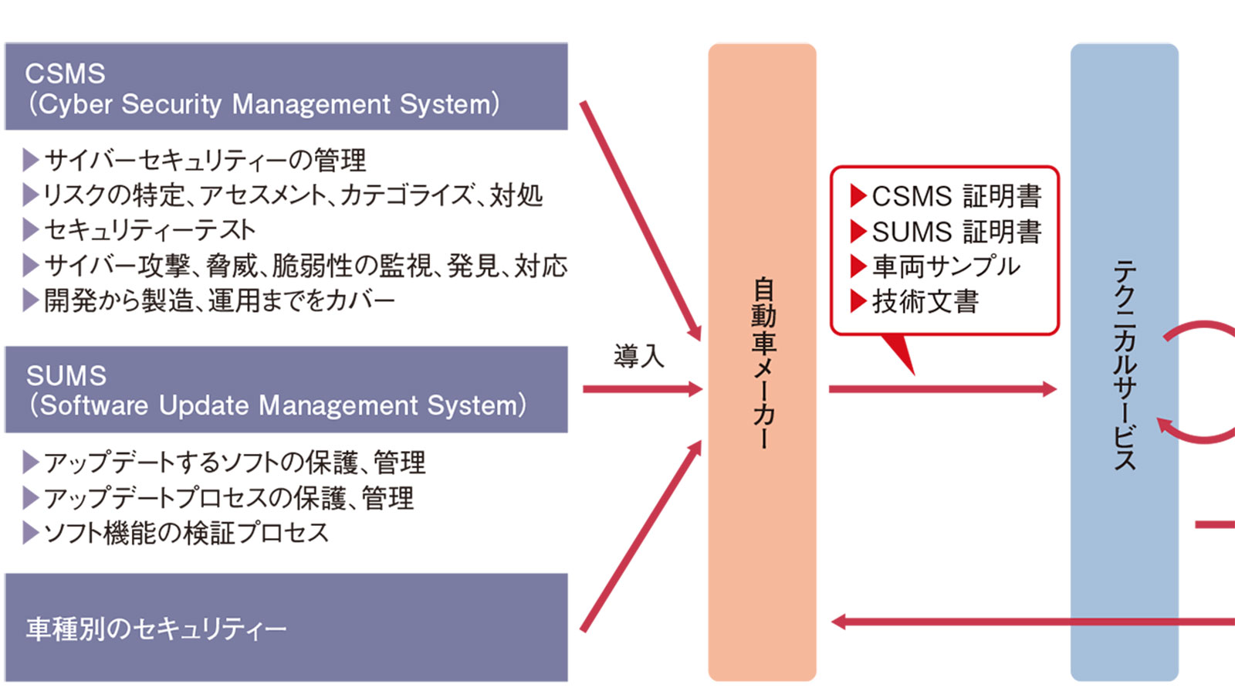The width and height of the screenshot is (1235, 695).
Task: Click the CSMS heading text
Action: pyautogui.click(x=65, y=74)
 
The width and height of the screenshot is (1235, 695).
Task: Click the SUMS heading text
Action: pyautogui.click(x=66, y=376)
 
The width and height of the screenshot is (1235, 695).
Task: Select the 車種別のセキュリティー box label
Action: pyautogui.click(x=156, y=629)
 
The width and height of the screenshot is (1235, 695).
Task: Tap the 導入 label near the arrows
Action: pyautogui.click(x=638, y=356)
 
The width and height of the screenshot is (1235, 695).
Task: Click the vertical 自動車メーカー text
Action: pyautogui.click(x=763, y=363)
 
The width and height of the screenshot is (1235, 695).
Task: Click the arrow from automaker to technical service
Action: pyautogui.click(x=942, y=389)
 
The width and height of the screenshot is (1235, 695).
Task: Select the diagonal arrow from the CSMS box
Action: pyautogui.click(x=641, y=220)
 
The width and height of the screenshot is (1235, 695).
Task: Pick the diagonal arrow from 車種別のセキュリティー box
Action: pyautogui.click(x=641, y=537)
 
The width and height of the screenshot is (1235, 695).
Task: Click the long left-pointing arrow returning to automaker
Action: pyautogui.click(x=1027, y=622)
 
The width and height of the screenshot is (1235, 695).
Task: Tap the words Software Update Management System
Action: pyautogui.click(x=278, y=405)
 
